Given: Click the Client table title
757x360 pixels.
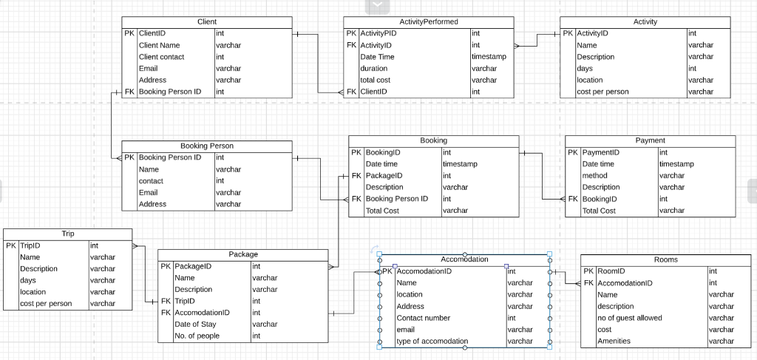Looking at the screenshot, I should pyautogui.click(x=207, y=22).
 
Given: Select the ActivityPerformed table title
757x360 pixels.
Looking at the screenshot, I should pyautogui.click(x=428, y=22).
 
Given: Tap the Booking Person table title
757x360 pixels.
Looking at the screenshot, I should pyautogui.click(x=207, y=146).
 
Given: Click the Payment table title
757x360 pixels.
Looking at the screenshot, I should pyautogui.click(x=650, y=140).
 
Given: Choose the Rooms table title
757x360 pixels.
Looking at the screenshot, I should pyautogui.click(x=665, y=260).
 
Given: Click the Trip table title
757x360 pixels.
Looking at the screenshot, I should pyautogui.click(x=68, y=234).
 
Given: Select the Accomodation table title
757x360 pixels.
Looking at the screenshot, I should pyautogui.click(x=464, y=259).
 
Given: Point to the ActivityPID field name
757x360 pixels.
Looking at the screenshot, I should pyautogui.click(x=378, y=33).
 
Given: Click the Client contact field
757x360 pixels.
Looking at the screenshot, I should pyautogui.click(x=161, y=57).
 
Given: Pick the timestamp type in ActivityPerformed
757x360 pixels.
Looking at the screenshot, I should pyautogui.click(x=489, y=57).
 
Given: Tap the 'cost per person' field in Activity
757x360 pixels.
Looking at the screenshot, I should pyautogui.click(x=602, y=92).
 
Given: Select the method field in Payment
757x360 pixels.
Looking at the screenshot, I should pyautogui.click(x=594, y=176).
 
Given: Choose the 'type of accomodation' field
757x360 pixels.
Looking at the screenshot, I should pyautogui.click(x=432, y=342).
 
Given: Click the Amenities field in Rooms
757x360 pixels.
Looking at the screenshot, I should pyautogui.click(x=614, y=342).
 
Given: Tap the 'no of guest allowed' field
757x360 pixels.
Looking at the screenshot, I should pyautogui.click(x=629, y=318).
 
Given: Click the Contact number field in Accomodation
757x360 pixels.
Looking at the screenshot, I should pyautogui.click(x=424, y=318).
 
